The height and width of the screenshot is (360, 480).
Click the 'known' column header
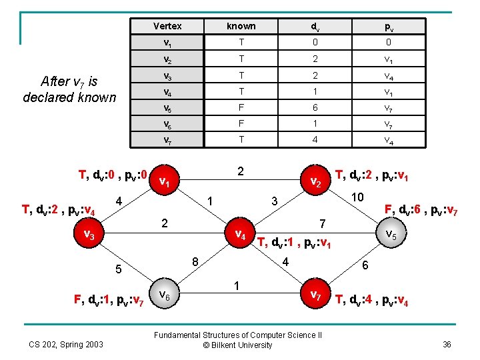click(241, 26)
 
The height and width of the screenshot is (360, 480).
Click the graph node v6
click(167, 293)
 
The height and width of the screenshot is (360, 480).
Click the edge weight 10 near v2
click(358, 198)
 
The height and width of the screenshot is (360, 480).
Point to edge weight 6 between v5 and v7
click(364, 265)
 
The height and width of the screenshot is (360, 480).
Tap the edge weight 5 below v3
click(118, 270)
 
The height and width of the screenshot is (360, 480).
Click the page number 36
click(446, 344)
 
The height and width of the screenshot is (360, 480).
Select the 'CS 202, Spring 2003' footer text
click(66, 344)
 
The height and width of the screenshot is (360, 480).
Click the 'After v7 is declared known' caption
click(69, 89)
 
